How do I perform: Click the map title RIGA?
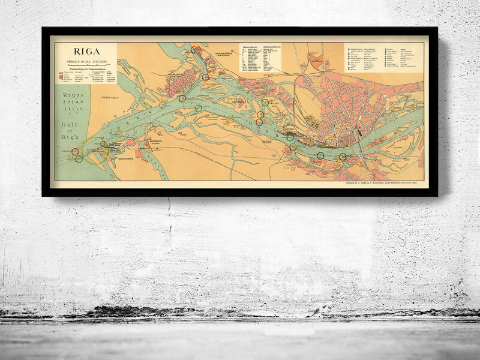(86, 52)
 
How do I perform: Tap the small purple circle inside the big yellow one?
(103, 144)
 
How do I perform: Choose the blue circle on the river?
(320, 155)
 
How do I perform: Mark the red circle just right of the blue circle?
(343, 157)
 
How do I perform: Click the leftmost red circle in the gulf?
(75, 152)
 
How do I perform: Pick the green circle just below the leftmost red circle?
(79, 159)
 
